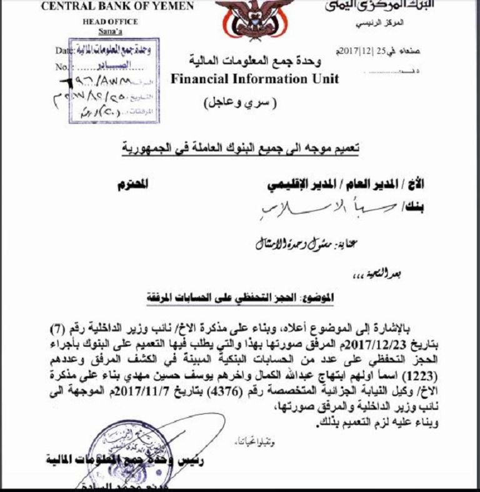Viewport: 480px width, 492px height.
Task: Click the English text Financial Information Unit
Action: point(254,79)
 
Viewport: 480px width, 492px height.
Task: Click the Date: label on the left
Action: point(65,50)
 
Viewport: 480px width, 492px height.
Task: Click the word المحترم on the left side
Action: point(134,184)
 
